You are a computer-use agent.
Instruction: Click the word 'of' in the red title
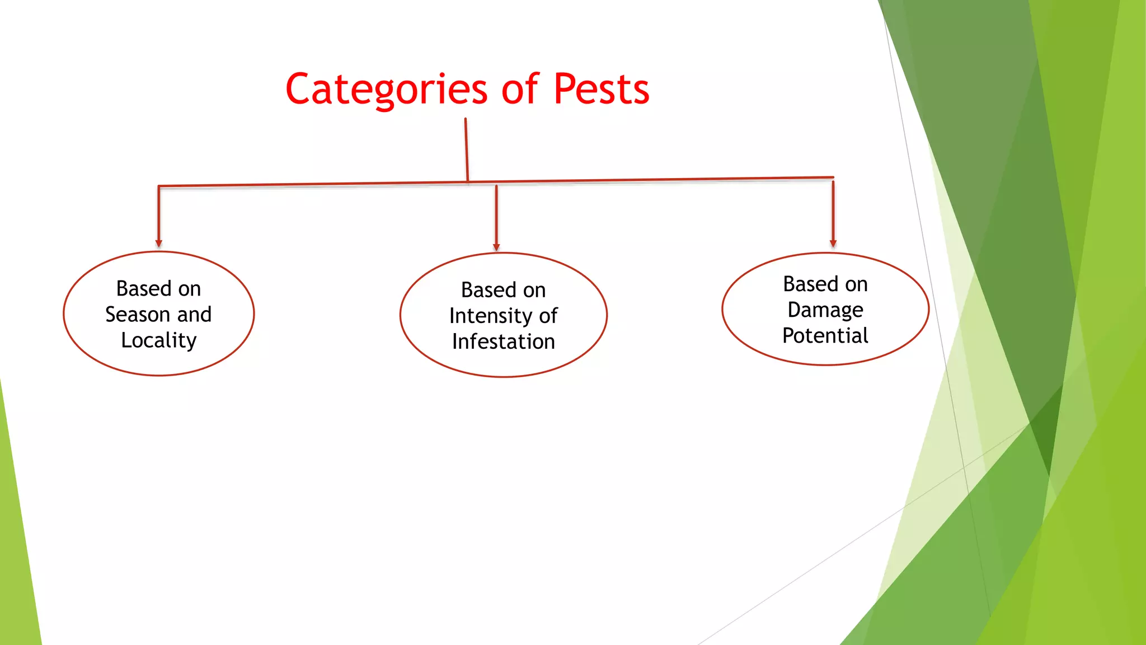(520, 90)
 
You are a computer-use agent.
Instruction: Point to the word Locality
(159, 340)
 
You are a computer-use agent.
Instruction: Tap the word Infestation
(503, 342)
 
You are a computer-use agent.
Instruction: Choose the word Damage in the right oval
(825, 310)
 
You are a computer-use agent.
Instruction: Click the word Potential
(825, 336)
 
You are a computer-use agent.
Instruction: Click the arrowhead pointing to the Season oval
(159, 244)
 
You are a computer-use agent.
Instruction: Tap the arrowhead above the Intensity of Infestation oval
(496, 247)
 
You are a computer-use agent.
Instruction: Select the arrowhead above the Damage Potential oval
(833, 244)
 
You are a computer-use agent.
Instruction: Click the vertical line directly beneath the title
(466, 149)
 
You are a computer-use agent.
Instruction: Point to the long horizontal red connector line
(644, 180)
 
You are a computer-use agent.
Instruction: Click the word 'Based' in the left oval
(143, 289)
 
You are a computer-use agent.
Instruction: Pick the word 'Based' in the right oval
(810, 284)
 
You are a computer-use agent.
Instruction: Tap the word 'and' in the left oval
(194, 315)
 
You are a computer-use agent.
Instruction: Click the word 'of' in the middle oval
(548, 316)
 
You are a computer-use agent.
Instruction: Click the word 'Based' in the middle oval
(488, 291)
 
